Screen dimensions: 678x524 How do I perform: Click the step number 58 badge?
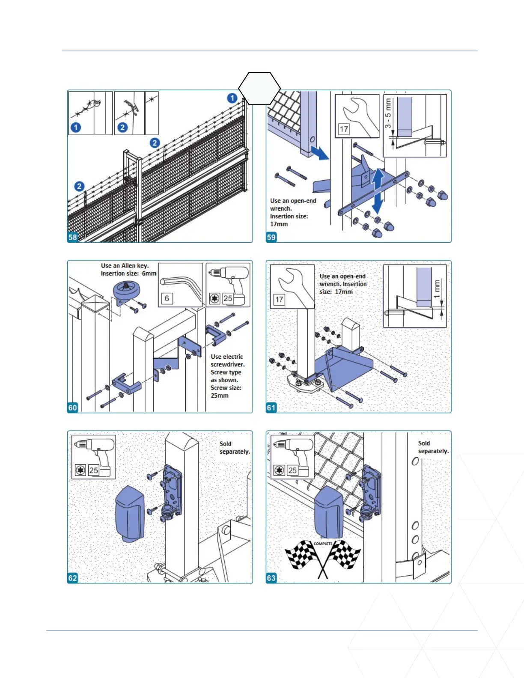73,237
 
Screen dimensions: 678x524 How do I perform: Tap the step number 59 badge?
271,237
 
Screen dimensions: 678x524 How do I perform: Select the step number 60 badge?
73,407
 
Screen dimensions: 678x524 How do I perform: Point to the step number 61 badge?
271,407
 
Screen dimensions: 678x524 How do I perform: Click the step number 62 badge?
73,578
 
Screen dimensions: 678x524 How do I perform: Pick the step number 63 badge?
271,578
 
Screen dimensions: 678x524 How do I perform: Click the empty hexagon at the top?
259,89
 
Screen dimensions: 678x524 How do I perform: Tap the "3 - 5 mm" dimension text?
388,113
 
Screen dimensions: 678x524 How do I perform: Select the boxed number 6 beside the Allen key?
167,298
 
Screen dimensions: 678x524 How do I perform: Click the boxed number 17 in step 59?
344,129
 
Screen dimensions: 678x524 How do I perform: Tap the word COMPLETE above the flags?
323,544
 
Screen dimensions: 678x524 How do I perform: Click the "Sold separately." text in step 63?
433,447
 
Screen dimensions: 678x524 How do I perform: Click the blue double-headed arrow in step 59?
377,191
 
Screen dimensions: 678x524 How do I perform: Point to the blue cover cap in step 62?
130,513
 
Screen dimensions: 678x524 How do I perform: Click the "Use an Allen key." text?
125,266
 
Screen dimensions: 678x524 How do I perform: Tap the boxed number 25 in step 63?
292,470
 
